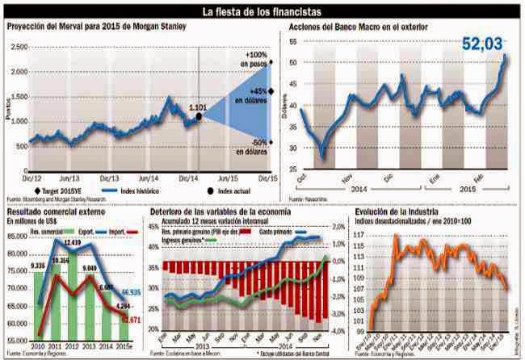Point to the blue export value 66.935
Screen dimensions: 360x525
[x=131, y=291]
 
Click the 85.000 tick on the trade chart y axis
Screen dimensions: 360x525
[x=18, y=236]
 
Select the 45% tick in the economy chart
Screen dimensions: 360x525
[x=153, y=228]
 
